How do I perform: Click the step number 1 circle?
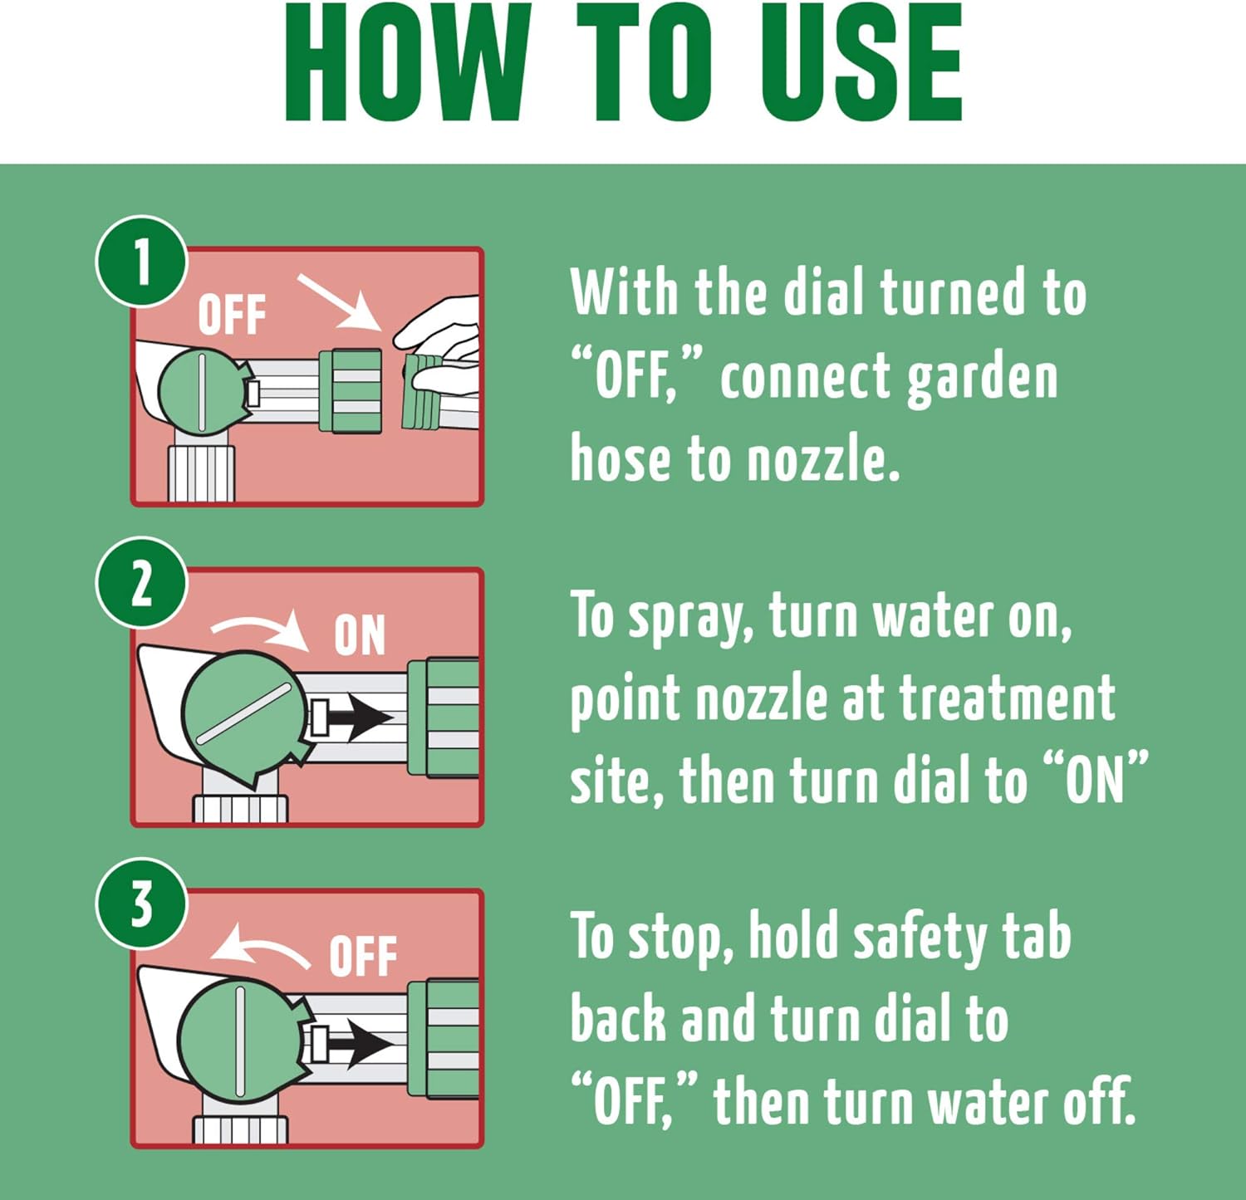(x=141, y=261)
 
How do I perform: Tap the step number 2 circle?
(x=141, y=582)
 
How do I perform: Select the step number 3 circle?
(x=141, y=904)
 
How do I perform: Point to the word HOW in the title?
(x=407, y=62)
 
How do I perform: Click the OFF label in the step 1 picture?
(x=232, y=315)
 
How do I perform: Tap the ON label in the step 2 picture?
(x=360, y=636)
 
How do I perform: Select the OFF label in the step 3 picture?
(x=363, y=957)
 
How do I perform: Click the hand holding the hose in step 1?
(x=440, y=349)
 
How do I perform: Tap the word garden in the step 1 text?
(x=983, y=379)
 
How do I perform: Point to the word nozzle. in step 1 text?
(x=824, y=458)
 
